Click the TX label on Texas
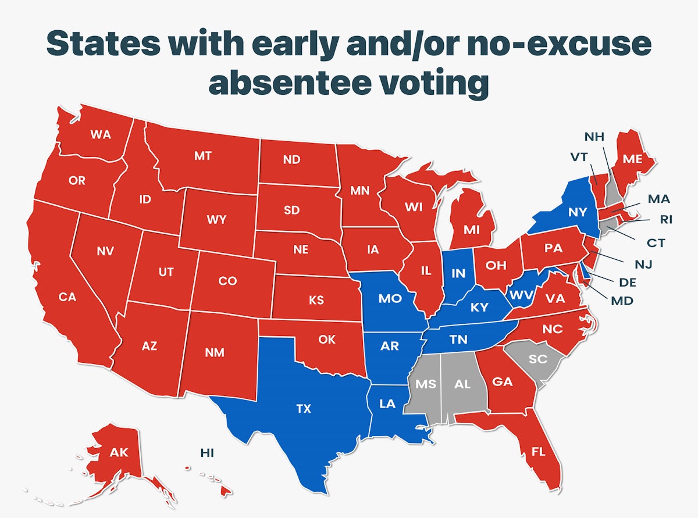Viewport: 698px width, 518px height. (x=304, y=409)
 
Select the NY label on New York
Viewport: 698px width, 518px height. (x=578, y=213)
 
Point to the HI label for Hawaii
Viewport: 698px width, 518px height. (x=206, y=452)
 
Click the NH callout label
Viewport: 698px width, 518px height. (x=594, y=137)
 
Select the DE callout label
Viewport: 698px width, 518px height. (x=628, y=283)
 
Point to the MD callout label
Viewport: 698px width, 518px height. (x=622, y=301)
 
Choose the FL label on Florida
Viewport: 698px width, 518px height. (x=539, y=451)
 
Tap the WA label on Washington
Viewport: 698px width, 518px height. (x=101, y=134)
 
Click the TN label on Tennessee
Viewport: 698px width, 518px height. (x=458, y=340)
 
